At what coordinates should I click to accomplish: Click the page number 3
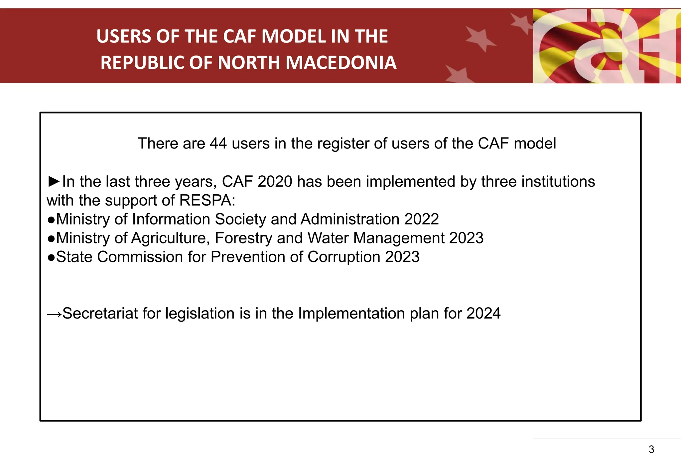[x=651, y=449]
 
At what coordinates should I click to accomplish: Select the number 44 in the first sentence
[x=218, y=143]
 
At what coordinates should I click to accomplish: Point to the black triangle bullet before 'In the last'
[x=54, y=181]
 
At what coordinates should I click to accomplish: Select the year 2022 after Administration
[x=421, y=219]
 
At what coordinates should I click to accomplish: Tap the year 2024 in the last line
[x=483, y=314]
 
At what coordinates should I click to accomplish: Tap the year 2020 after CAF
[x=275, y=182]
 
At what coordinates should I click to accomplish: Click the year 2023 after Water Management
[x=466, y=238]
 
